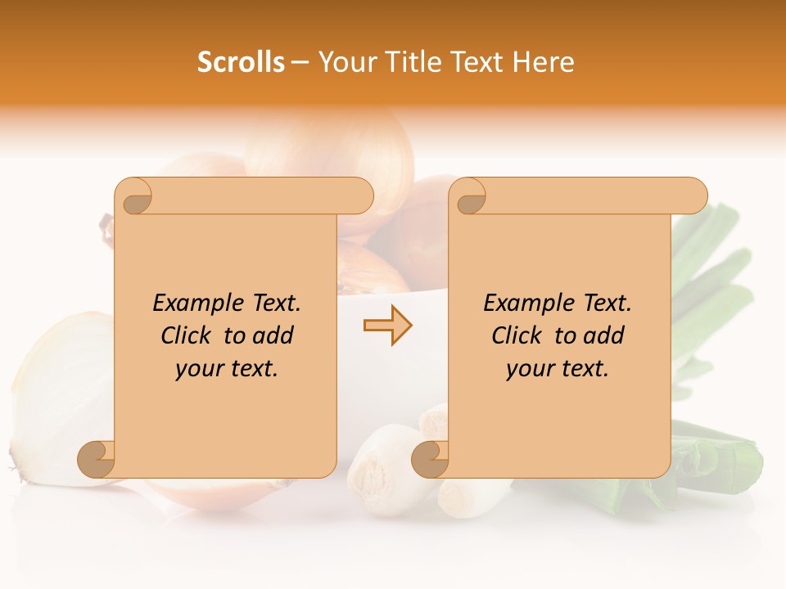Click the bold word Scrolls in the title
[x=241, y=62]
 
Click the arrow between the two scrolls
[x=387, y=326]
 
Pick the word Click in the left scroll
[x=189, y=335]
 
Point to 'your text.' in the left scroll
[x=226, y=368]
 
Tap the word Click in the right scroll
[x=520, y=335]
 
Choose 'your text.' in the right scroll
[x=557, y=368]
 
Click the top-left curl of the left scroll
[x=136, y=197]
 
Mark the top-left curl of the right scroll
[x=470, y=197]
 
